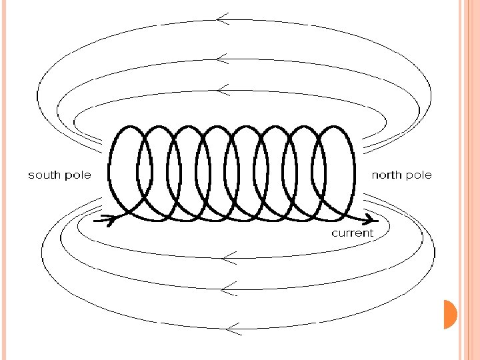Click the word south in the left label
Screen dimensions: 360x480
(x=44, y=175)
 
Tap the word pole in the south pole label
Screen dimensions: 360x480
(x=77, y=175)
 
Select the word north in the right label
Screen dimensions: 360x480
(x=386, y=175)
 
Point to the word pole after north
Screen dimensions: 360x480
(x=418, y=175)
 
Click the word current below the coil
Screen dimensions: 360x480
(x=353, y=233)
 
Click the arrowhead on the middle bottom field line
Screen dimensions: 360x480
(x=227, y=289)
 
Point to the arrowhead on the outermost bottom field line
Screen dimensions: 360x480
(x=231, y=327)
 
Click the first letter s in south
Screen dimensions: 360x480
(x=31, y=175)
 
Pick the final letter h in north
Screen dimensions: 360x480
(x=399, y=175)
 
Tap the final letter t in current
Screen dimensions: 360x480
(x=371, y=233)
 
